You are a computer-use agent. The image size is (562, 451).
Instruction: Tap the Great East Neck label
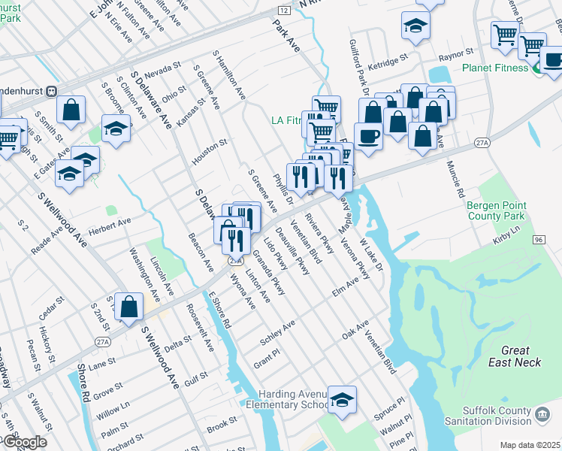(x=515, y=356)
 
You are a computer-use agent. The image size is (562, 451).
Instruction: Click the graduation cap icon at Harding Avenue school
(x=342, y=399)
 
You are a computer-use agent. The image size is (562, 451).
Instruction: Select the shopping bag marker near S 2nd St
(x=129, y=306)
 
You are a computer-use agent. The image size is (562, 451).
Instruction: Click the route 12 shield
(x=283, y=11)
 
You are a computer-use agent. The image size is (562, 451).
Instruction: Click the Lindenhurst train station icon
(x=52, y=91)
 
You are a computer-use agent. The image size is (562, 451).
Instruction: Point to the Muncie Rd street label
(x=456, y=179)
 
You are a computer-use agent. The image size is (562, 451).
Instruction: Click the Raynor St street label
(x=456, y=53)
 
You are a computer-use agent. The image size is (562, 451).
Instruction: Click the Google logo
(x=24, y=442)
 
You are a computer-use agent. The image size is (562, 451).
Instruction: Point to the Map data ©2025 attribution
(x=530, y=445)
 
